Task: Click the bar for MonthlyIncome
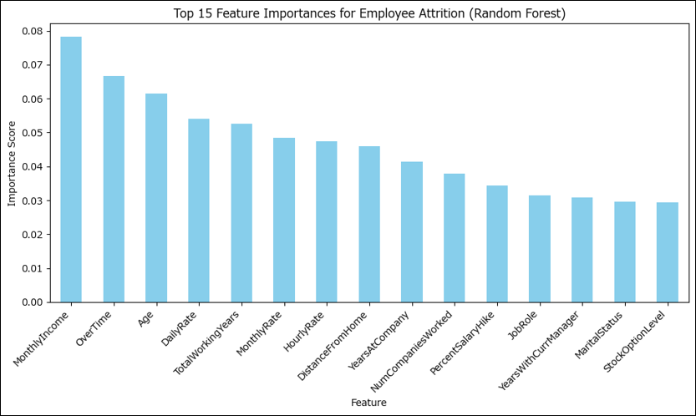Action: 71,170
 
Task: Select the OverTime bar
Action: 114,189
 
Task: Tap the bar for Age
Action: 156,198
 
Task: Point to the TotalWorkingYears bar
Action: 241,213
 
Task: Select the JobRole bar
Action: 540,249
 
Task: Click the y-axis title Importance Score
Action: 12,163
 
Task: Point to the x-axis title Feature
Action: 368,403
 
